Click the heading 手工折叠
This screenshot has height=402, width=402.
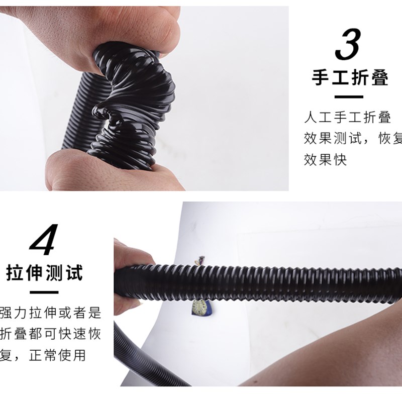[350, 78]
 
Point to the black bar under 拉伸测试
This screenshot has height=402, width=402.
[44, 292]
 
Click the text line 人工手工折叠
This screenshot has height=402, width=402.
[347, 118]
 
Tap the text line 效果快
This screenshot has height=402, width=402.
[325, 159]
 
